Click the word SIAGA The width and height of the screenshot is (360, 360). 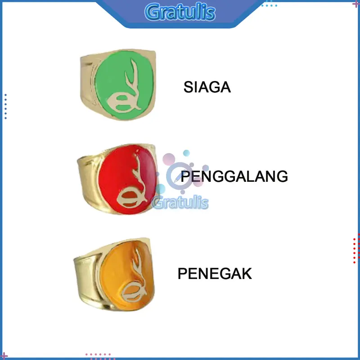click(x=207, y=87)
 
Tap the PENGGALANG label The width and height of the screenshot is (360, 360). click(x=234, y=176)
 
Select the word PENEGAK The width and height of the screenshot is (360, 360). click(x=215, y=273)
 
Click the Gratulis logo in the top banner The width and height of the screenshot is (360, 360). click(x=180, y=12)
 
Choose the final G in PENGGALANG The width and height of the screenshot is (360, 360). click(x=282, y=176)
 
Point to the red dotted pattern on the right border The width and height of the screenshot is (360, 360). click(x=355, y=247)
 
